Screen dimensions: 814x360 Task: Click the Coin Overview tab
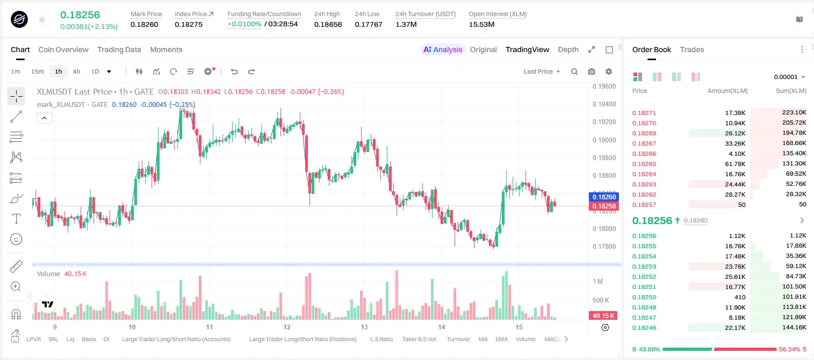(63, 49)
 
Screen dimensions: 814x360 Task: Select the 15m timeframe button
(37, 71)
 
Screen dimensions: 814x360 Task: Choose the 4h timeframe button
(76, 71)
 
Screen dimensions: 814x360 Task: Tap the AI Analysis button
(443, 49)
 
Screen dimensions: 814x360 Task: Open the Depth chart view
(568, 49)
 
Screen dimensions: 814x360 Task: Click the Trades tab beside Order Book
(692, 49)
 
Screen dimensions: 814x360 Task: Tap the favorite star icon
(42, 20)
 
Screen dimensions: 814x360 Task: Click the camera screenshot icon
(592, 71)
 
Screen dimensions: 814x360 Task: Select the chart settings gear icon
(609, 71)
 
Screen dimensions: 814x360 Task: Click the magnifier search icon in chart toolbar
(574, 71)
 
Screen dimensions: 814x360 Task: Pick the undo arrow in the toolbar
(234, 71)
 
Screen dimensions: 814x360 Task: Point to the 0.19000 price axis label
(604, 140)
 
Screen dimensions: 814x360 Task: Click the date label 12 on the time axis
(287, 327)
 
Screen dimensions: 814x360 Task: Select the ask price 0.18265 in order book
(644, 164)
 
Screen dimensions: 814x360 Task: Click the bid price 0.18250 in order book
(644, 297)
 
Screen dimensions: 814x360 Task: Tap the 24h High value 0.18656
(328, 24)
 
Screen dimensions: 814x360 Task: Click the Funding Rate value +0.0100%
(244, 24)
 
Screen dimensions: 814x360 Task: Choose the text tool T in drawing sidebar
(16, 219)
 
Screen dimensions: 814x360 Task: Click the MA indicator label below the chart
(483, 339)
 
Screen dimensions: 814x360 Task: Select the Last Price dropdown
(542, 71)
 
